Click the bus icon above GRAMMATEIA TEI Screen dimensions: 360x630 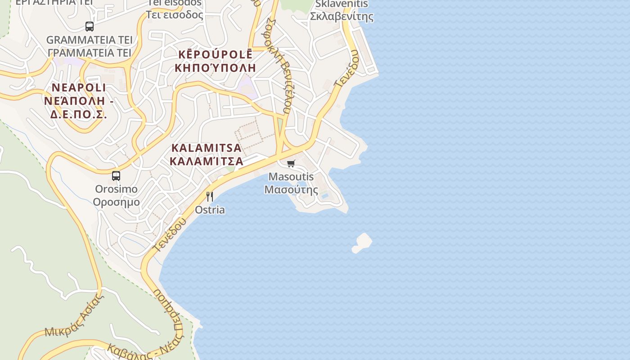tap(90, 26)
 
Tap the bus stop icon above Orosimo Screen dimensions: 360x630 tap(116, 175)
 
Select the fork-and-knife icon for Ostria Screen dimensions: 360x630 tap(209, 197)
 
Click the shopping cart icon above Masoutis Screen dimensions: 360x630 tap(291, 163)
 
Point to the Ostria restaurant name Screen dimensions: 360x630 tap(210, 210)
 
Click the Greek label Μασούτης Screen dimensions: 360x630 tap(291, 189)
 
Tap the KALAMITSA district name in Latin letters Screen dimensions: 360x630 tap(207, 148)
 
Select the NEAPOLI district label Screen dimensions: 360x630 tap(79, 87)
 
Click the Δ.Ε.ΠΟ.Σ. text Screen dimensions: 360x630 tap(79, 114)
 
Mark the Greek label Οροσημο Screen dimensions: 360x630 tap(116, 202)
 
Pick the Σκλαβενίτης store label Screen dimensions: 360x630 tap(342, 17)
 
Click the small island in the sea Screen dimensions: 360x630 tap(362, 242)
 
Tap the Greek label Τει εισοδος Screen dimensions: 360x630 tap(175, 15)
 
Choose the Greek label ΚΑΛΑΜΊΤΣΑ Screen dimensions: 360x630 tap(207, 161)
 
